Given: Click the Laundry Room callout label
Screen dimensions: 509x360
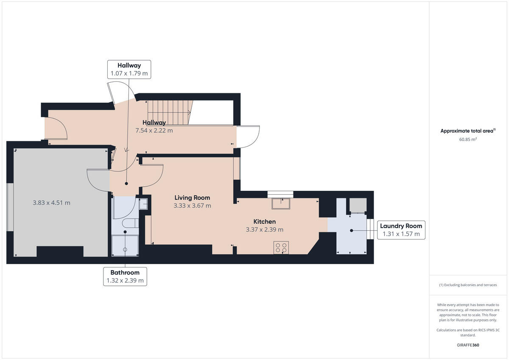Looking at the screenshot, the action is (x=401, y=230).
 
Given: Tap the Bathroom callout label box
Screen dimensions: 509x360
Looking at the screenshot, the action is (x=125, y=276).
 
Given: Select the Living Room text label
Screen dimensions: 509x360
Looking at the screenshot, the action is (x=192, y=198).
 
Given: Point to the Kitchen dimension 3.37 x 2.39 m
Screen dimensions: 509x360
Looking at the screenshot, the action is (x=265, y=229).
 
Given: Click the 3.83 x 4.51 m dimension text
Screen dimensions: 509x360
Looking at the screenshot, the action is (x=52, y=203).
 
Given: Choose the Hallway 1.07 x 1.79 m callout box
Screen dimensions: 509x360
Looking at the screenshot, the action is (x=129, y=69).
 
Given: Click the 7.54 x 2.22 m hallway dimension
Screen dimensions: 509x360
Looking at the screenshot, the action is (x=154, y=130).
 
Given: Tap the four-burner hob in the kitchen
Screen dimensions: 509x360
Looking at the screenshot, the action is (x=281, y=248).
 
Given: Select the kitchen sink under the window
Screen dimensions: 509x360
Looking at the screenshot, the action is (x=281, y=204).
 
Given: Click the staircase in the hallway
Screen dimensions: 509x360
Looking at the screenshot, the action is (x=169, y=112).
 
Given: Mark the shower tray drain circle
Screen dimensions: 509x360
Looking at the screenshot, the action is (x=125, y=250).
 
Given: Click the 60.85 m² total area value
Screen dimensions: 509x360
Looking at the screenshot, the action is (x=468, y=139).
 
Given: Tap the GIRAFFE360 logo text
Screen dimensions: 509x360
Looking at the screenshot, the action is (x=468, y=345).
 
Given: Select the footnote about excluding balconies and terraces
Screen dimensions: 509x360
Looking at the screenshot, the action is (x=468, y=285).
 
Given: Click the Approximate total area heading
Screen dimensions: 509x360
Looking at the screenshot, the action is (x=468, y=131).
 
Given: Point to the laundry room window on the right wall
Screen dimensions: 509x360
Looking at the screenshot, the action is (x=370, y=229).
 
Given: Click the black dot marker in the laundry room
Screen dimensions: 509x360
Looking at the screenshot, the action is (x=352, y=231).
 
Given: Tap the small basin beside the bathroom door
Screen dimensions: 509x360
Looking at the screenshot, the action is (x=143, y=204).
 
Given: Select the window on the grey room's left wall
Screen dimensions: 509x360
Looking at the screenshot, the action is (x=10, y=207).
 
